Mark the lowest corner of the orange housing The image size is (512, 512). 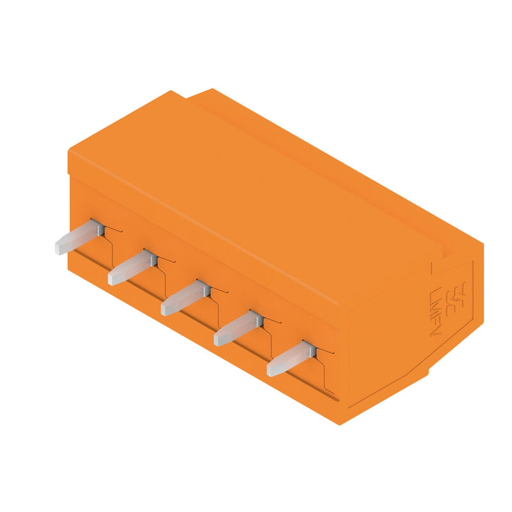pyautogui.click(x=340, y=423)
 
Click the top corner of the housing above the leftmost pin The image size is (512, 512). pyautogui.click(x=69, y=152)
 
